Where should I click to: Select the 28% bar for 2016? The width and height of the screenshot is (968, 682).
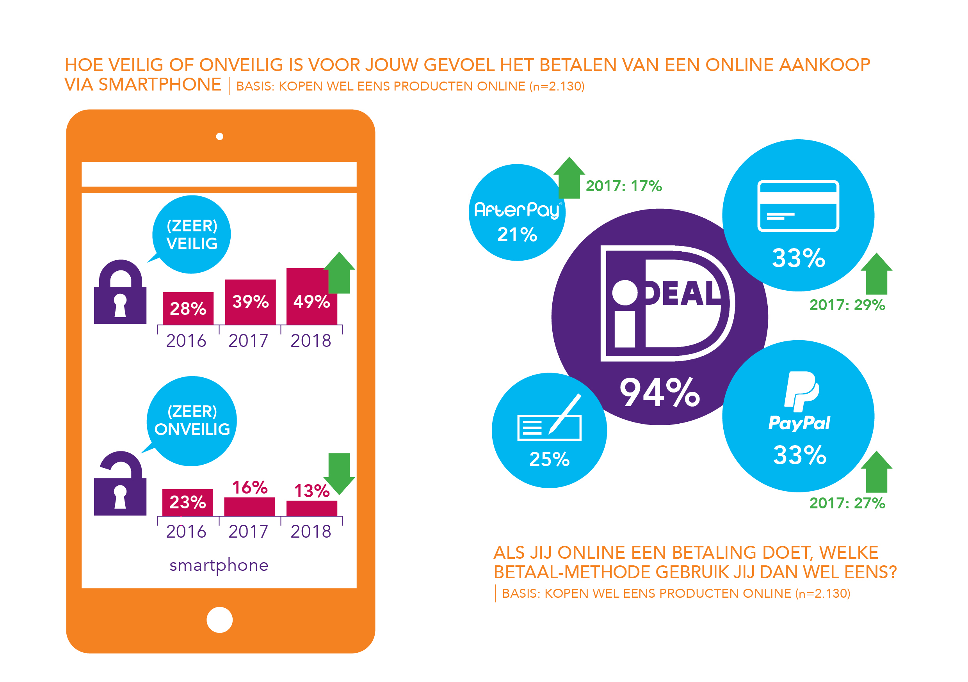[188, 309]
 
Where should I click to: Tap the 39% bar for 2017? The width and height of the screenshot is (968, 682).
[250, 302]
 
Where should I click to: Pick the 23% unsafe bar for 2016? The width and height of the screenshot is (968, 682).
[188, 502]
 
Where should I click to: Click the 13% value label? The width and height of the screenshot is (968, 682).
[311, 491]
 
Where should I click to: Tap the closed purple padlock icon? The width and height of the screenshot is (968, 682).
[120, 293]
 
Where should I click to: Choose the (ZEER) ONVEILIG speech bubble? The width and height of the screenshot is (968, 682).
[192, 421]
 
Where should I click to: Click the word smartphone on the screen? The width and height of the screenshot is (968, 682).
[219, 565]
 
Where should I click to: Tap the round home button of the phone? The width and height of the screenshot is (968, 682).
[219, 620]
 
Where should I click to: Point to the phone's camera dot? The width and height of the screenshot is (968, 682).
[219, 136]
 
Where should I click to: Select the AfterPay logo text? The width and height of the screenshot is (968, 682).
[517, 210]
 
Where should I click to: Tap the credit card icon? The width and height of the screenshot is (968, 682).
[798, 206]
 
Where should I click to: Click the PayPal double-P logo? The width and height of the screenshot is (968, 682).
[801, 391]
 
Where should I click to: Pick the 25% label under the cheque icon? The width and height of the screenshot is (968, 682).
[549, 459]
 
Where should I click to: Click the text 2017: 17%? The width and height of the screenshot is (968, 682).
[624, 186]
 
